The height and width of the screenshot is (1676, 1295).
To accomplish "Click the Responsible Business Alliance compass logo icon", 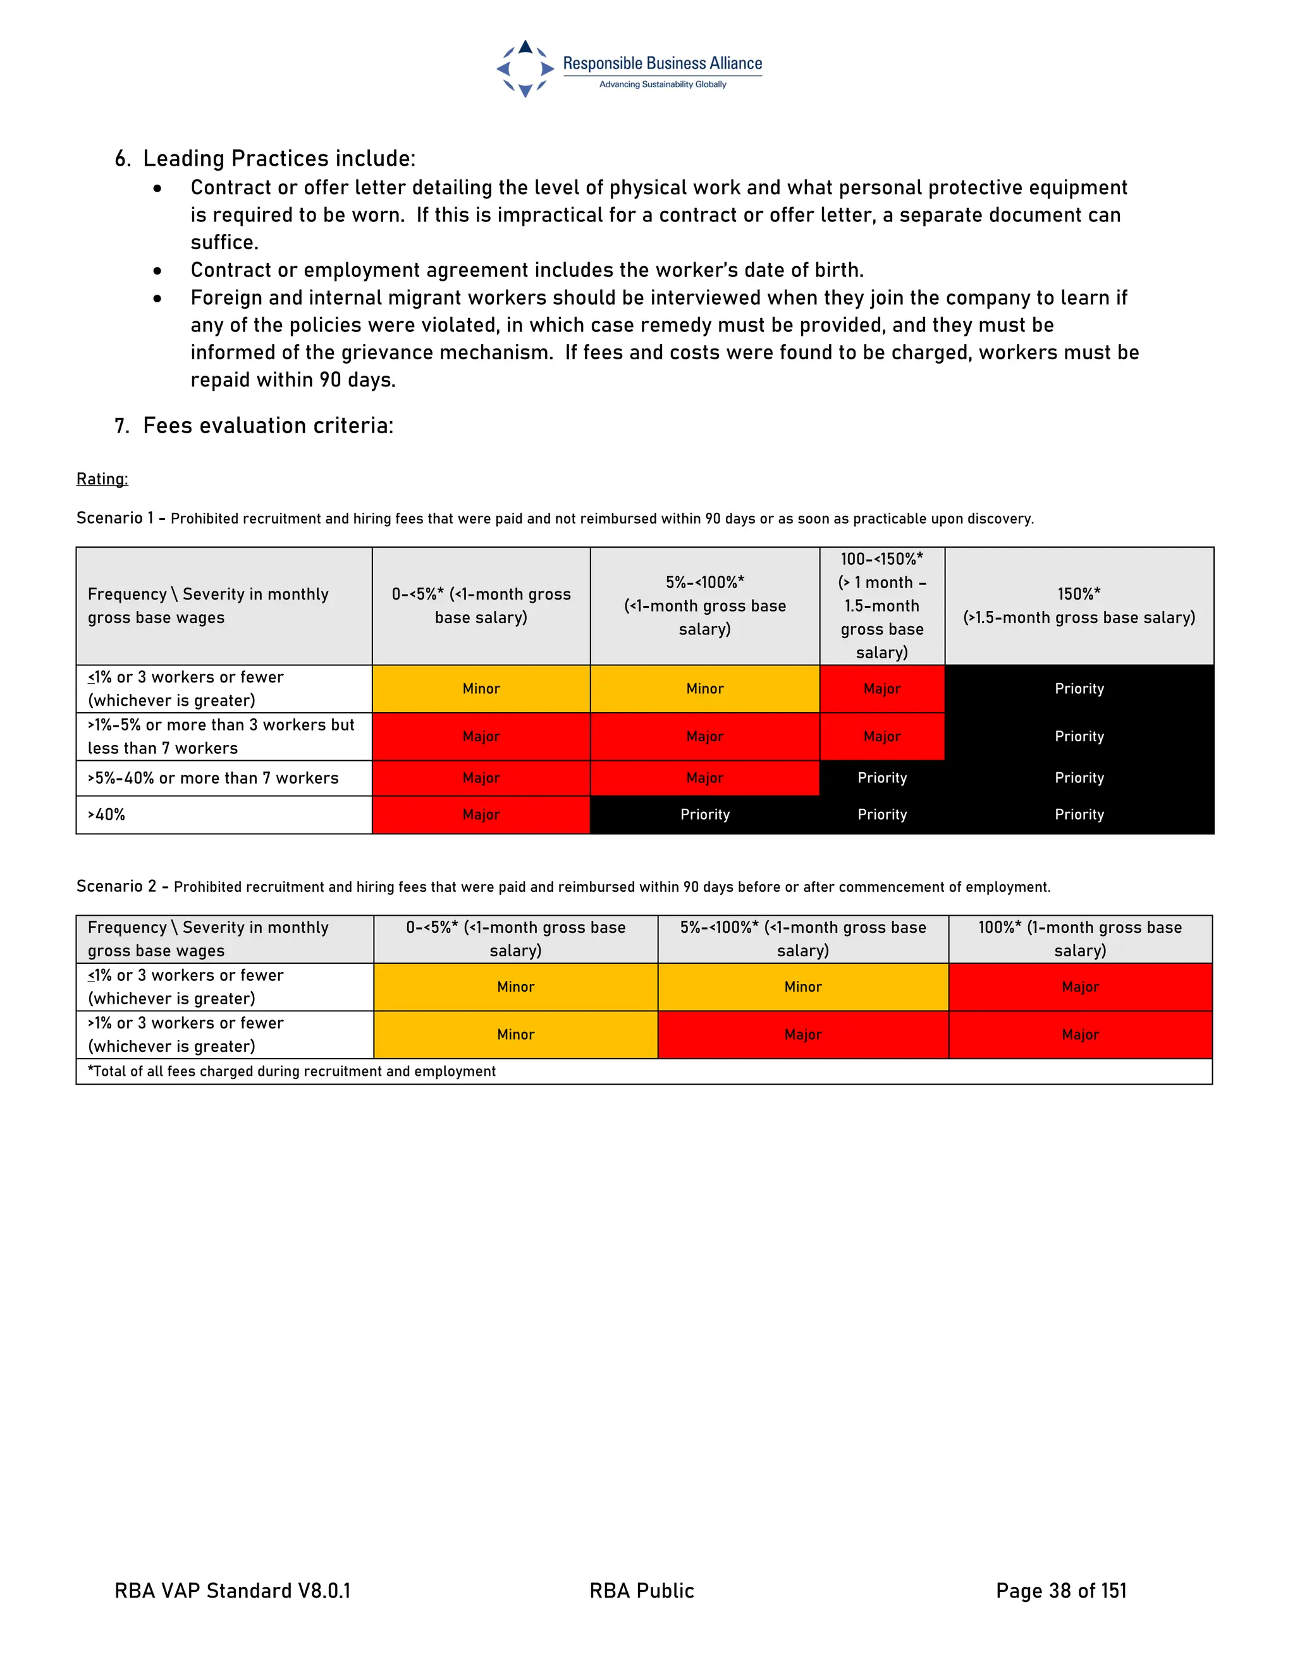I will (525, 69).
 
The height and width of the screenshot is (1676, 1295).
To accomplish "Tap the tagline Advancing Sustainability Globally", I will (662, 84).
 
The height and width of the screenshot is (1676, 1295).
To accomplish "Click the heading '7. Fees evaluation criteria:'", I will (254, 425).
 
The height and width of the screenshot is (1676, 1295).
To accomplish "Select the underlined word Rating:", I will (102, 479).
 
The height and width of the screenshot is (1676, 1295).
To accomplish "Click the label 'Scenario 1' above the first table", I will (115, 518).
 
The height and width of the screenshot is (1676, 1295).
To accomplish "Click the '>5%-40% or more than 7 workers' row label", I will (212, 778).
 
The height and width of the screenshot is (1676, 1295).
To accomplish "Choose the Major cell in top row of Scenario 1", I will (881, 688).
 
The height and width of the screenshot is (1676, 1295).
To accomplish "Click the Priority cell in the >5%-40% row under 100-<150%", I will (881, 778).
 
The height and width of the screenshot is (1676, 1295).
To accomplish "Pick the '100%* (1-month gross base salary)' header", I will (1079, 939).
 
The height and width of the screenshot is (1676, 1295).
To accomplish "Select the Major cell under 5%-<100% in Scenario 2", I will (802, 1035).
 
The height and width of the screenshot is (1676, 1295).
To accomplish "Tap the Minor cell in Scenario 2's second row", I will (515, 1035).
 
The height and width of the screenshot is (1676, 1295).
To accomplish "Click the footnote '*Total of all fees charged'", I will (292, 1071).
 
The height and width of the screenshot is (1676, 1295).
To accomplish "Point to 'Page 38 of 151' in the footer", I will (1061, 1591).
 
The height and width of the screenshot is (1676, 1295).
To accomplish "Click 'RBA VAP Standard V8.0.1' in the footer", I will (233, 1591).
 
